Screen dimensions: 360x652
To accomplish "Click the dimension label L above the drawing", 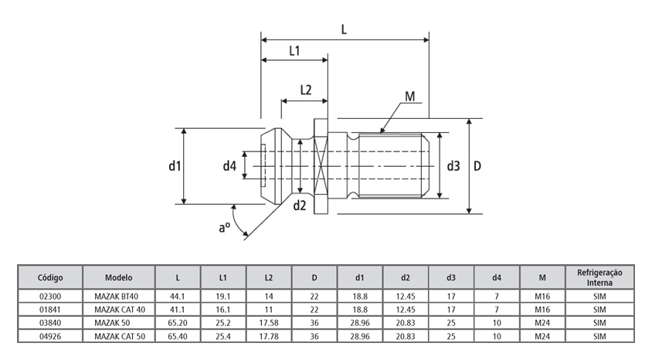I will pyautogui.click(x=344, y=29).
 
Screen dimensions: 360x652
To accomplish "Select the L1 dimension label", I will pyautogui.click(x=294, y=51).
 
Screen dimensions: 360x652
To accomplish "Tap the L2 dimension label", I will pyautogui.click(x=305, y=90).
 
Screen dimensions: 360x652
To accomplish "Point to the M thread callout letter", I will pyautogui.click(x=409, y=97).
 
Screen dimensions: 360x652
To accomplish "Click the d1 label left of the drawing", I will pyautogui.click(x=174, y=165).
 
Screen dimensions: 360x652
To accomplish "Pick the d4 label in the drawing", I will pyautogui.click(x=229, y=165).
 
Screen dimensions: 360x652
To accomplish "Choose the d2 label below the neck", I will pyautogui.click(x=300, y=205).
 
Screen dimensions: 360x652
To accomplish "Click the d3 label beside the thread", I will pyautogui.click(x=453, y=165).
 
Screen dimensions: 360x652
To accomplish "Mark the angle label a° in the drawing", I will pyautogui.click(x=225, y=226).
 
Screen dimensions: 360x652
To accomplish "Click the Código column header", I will pyautogui.click(x=49, y=277).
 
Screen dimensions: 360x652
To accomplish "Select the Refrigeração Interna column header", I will pyautogui.click(x=599, y=277).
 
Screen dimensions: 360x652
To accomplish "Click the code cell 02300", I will pyautogui.click(x=49, y=296).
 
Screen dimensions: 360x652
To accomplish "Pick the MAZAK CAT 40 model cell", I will pyautogui.click(x=120, y=309).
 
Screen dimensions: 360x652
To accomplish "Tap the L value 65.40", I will pyautogui.click(x=178, y=337).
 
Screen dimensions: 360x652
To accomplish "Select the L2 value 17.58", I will pyautogui.click(x=269, y=323).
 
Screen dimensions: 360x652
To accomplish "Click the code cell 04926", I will pyautogui.click(x=49, y=337).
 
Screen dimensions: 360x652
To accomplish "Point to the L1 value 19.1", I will pyautogui.click(x=224, y=296).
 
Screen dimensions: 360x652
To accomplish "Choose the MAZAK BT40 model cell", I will pyautogui.click(x=120, y=296).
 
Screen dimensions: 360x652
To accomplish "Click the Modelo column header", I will pyautogui.click(x=120, y=277).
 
